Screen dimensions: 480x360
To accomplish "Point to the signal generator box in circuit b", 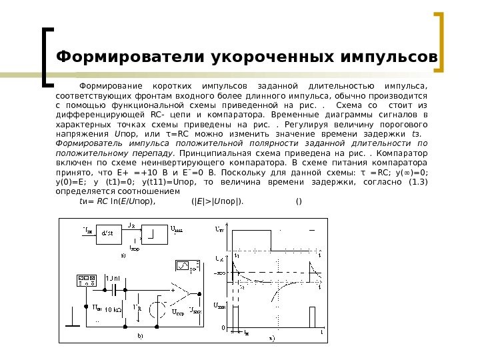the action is [x=86, y=281].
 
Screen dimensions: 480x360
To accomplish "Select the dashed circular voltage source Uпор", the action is [x=158, y=310].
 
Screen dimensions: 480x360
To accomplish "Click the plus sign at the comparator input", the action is [x=173, y=290].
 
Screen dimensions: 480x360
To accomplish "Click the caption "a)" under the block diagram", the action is [x=123, y=255].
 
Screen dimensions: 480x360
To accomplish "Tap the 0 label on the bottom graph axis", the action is [x=223, y=328].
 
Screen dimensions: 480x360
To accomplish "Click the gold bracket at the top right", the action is [x=441, y=42].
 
